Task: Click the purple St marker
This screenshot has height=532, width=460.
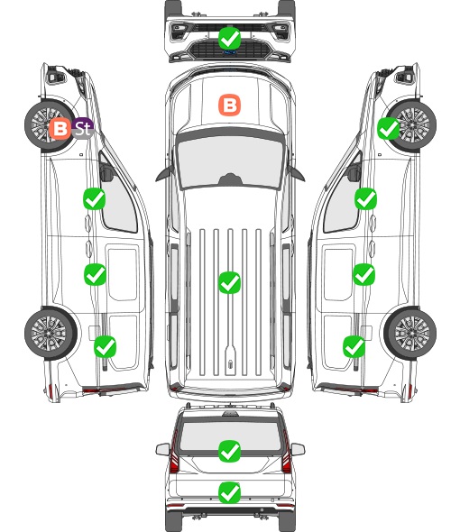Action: point(83,128)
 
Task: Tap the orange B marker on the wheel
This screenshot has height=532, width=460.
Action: point(60,129)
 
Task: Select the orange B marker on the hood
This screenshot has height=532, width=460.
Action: point(229,105)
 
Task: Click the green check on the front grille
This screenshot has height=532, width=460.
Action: point(229,38)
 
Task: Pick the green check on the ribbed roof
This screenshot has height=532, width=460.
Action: point(229,282)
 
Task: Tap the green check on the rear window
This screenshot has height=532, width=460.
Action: point(229,451)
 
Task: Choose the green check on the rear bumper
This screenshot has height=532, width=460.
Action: point(229,492)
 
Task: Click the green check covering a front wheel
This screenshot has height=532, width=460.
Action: point(389,129)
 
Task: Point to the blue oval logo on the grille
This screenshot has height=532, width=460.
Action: point(229,52)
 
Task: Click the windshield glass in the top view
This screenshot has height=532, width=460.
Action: point(230,161)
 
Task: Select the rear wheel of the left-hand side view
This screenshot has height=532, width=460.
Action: point(51,333)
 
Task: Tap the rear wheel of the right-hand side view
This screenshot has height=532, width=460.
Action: point(410,333)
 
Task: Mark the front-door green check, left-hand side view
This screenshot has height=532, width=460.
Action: point(95,198)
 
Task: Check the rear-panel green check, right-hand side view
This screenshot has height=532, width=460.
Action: point(354,347)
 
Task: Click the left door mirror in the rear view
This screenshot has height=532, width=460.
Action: point(162,449)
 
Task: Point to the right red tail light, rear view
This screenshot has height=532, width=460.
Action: point(287,453)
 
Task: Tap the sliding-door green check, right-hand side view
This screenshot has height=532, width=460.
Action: point(363,274)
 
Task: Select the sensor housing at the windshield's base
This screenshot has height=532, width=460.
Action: point(230,179)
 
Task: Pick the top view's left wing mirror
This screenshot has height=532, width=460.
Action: point(163,174)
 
